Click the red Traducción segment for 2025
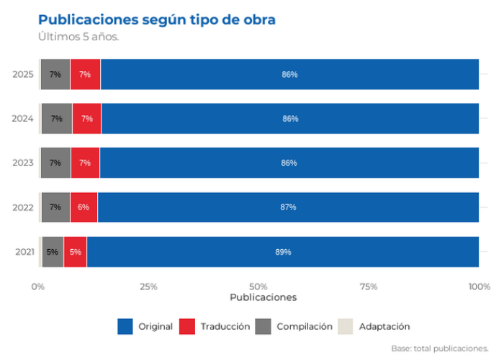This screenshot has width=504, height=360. pyautogui.click(x=85, y=74)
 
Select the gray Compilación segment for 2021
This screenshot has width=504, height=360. pyautogui.click(x=53, y=252)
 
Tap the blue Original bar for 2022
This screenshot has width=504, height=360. pyautogui.click(x=288, y=207)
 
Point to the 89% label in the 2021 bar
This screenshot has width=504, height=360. pyautogui.click(x=283, y=252)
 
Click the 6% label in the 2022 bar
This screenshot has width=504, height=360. pyautogui.click(x=84, y=207)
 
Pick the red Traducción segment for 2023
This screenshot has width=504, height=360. pyautogui.click(x=85, y=163)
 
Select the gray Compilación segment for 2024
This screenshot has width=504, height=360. pyautogui.click(x=57, y=118)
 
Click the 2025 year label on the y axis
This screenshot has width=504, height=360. pyautogui.click(x=23, y=74)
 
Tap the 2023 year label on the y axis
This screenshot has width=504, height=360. pyautogui.click(x=23, y=163)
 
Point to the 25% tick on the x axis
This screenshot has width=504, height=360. pyautogui.click(x=148, y=287)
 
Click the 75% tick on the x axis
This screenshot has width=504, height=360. pyautogui.click(x=369, y=287)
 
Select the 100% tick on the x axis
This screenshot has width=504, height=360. pyautogui.click(x=480, y=287)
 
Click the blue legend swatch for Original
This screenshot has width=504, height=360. pyautogui.click(x=125, y=327)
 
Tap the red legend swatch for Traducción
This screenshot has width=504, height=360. pyautogui.click(x=187, y=327)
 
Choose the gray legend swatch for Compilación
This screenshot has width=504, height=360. pyautogui.click(x=263, y=327)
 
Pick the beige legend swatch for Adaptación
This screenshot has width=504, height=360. pyautogui.click(x=345, y=327)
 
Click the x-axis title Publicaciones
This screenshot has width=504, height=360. pyautogui.click(x=264, y=297)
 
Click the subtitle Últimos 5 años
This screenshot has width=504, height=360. pyautogui.click(x=78, y=36)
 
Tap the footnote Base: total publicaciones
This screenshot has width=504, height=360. pyautogui.click(x=440, y=348)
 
